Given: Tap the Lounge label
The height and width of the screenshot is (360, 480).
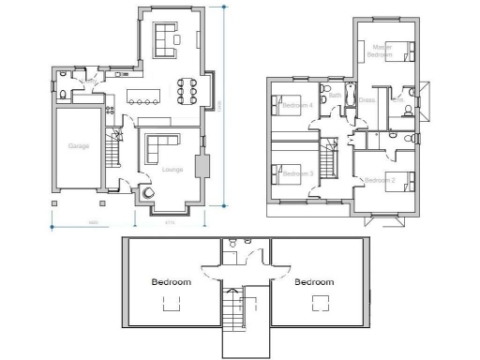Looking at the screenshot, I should (172, 170).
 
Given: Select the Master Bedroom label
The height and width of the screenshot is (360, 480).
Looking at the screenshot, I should (382, 51).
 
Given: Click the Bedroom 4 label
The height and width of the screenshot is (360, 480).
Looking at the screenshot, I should (297, 106).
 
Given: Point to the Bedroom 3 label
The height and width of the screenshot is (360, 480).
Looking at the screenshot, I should (297, 174).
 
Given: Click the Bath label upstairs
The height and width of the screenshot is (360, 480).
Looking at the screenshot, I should (335, 95).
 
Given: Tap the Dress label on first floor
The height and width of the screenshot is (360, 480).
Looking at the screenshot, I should (367, 99).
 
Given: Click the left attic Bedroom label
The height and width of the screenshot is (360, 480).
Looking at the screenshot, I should (172, 281).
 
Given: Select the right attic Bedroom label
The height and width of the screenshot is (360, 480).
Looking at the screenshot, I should (313, 281).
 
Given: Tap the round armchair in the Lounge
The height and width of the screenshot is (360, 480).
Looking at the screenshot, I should (149, 193).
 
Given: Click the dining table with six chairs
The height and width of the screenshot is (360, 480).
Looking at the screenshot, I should (187, 90).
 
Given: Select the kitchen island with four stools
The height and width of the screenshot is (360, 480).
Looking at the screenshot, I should (144, 96).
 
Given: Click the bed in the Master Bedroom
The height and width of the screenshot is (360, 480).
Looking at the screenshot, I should (403, 52).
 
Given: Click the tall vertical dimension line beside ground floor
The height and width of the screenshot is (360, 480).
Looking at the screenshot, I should (224, 103).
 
